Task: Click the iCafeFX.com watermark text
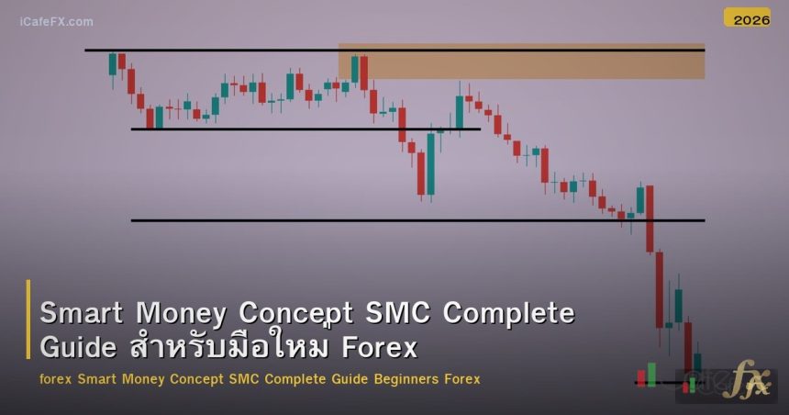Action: coord(56,21)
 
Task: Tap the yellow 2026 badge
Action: coord(747,18)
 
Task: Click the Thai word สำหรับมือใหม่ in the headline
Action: coord(229,348)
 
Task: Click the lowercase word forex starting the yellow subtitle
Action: coord(57,379)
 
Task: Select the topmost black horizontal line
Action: coord(394,50)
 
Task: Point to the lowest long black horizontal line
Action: coord(417,220)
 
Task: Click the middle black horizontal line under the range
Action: coord(306,129)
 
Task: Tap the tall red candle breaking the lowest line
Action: coord(650,219)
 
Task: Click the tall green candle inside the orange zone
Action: coord(355,70)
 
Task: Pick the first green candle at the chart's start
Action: coord(112,64)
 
